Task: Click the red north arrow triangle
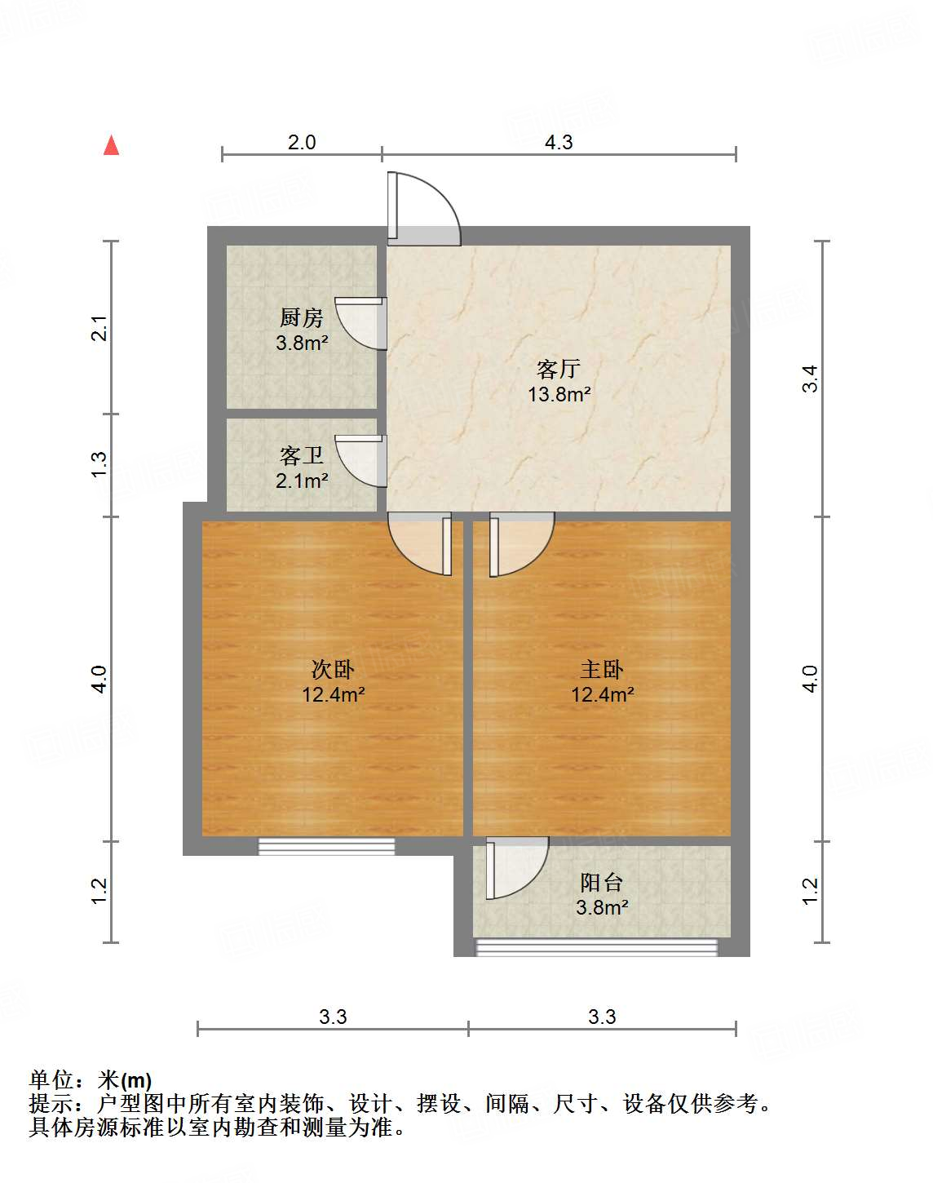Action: [112, 145]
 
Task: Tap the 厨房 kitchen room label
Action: [302, 317]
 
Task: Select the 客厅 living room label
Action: [559, 369]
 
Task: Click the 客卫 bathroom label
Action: [302, 455]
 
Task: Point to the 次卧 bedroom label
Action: [333, 670]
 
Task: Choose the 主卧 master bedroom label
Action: [602, 670]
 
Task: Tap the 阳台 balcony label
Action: [602, 882]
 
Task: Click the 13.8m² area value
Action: [559, 394]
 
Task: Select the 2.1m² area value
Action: [302, 481]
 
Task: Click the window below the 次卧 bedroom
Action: [326, 847]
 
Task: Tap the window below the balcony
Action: [596, 947]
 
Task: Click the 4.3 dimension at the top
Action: [559, 142]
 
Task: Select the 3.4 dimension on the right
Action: [809, 378]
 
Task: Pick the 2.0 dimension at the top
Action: [302, 142]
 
